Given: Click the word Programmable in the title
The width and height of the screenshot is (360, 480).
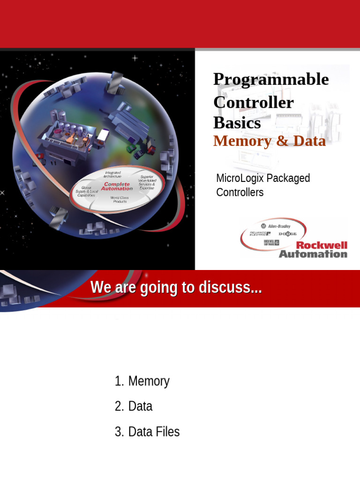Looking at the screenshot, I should coord(271,80).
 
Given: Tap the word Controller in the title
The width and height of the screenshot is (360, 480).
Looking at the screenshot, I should coord(254,102).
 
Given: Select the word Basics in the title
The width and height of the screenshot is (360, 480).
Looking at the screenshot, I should coord(237,122).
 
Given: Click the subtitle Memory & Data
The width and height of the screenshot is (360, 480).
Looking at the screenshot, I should coord(269,141).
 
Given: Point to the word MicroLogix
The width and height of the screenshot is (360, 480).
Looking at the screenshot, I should coord(240,178).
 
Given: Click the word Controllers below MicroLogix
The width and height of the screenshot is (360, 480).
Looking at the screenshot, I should coord(240,192).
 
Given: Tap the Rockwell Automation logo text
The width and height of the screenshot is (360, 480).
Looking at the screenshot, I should coord(314,250).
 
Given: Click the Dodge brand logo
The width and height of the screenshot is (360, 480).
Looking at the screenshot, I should coord(288,233).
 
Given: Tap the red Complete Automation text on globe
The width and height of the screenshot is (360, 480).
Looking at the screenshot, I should coord(117,187).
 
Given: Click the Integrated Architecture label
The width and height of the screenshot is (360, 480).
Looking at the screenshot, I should coord(112,174).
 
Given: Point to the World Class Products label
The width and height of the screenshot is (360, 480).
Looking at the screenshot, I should coord(120,200).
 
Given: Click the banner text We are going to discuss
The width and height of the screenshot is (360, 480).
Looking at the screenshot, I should coord(176,288).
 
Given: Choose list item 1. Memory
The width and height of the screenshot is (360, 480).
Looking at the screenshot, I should coord(142,381).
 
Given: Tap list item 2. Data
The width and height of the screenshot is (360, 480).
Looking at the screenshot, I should coord(134,406).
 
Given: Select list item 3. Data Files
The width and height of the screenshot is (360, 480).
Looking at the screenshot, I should coord(147,432).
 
